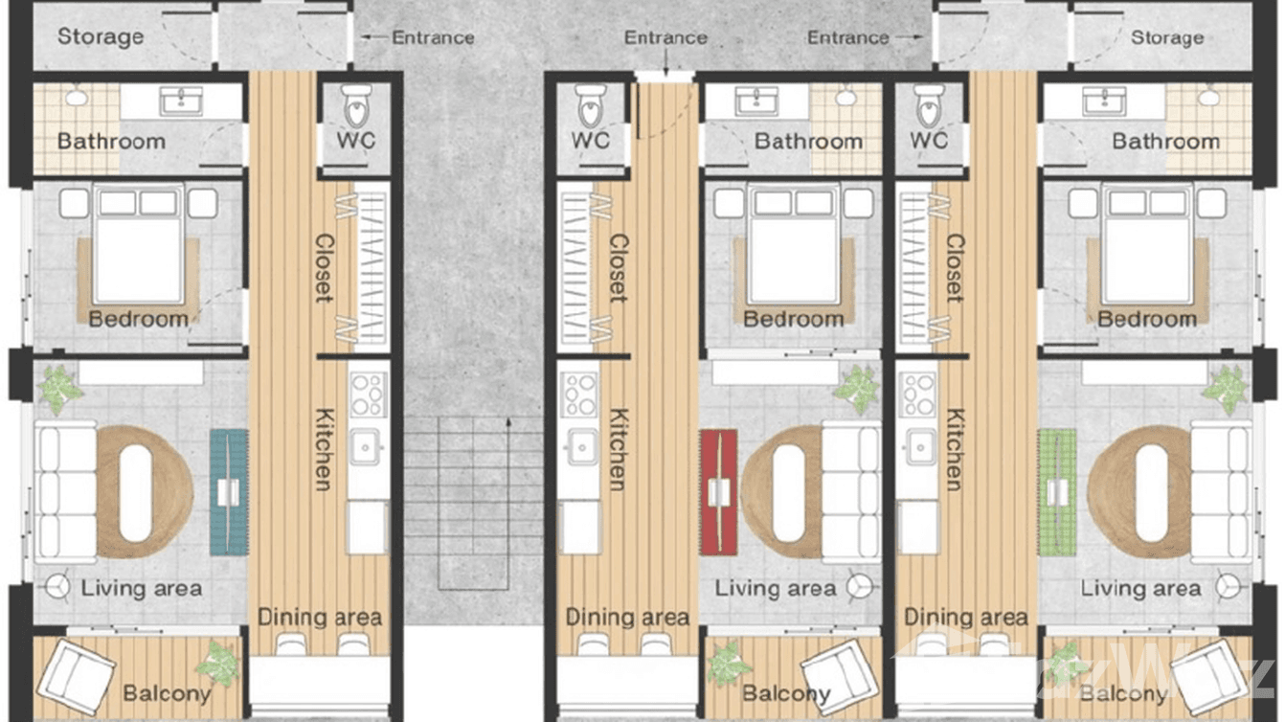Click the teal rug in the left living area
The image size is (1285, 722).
click(229, 492)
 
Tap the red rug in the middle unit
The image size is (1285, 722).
click(718, 492)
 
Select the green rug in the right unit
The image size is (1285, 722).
click(1056, 492)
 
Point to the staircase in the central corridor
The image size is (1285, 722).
click(473, 503)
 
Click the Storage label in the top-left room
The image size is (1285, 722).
click(101, 37)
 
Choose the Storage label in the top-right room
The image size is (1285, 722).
click(1167, 38)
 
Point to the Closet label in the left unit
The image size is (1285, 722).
click(325, 268)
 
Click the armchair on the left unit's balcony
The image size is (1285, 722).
click(76, 675)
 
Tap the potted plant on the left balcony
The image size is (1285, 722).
click(219, 663)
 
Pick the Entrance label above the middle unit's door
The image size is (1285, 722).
click(665, 38)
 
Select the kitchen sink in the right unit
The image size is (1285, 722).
click(919, 446)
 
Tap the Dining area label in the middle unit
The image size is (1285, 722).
click(627, 618)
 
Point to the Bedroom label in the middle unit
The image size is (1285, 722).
click(794, 319)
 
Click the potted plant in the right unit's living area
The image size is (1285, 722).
click(1226, 389)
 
